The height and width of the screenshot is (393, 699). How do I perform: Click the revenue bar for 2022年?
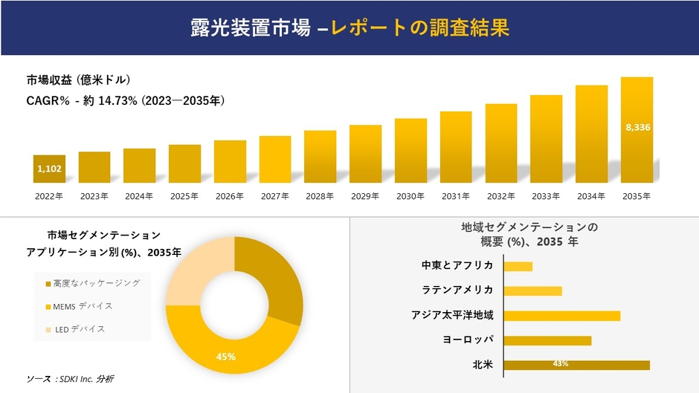click(x=49, y=169)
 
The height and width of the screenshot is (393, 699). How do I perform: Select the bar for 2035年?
click(x=637, y=130)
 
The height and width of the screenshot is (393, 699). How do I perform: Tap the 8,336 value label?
click(x=638, y=128)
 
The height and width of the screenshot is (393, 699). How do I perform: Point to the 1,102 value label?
click(x=49, y=169)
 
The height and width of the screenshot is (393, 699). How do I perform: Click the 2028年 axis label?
click(x=320, y=196)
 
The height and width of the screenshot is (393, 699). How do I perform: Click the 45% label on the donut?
click(x=226, y=357)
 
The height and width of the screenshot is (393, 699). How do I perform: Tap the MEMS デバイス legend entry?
click(x=83, y=306)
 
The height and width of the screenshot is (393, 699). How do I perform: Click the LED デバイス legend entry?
click(x=78, y=329)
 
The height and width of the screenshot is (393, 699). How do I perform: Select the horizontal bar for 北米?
click(x=576, y=365)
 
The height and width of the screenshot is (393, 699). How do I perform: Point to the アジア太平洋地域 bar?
click(x=561, y=316)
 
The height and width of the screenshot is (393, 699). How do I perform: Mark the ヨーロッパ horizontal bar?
click(x=547, y=340)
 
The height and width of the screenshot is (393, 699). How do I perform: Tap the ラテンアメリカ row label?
click(x=457, y=290)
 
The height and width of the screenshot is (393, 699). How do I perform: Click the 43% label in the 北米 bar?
click(x=561, y=364)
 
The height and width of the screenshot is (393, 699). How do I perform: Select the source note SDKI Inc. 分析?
click(x=70, y=379)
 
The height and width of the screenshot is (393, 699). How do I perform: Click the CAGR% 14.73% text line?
click(x=126, y=100)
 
